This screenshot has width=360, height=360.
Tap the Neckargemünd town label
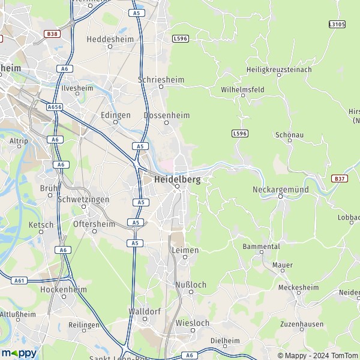(x=280, y=189)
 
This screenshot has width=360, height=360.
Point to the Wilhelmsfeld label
(x=242, y=89)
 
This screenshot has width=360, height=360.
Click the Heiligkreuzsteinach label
(x=279, y=70)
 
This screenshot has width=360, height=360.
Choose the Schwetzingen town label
(x=83, y=199)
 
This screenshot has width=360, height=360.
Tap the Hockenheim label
(x=63, y=289)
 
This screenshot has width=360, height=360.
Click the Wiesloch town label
(x=192, y=323)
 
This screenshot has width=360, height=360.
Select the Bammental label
(x=261, y=247)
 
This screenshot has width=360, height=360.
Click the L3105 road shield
(x=337, y=24)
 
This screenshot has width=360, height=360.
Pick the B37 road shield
(x=339, y=178)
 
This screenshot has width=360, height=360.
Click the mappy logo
(x=19, y=353)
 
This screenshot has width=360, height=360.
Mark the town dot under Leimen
(x=185, y=257)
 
